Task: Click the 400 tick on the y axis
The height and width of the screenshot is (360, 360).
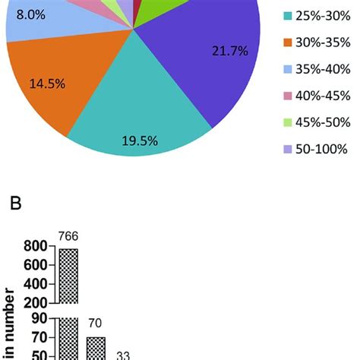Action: (35, 283)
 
